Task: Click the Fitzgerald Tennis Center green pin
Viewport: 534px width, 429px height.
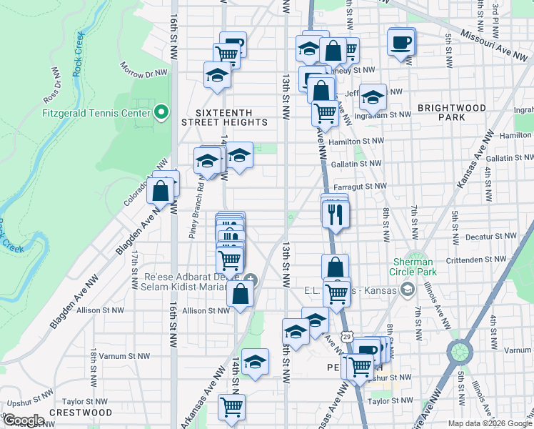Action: click(161, 112)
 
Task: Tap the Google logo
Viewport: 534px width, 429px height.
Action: click(23, 420)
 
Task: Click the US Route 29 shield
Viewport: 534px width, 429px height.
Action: click(346, 335)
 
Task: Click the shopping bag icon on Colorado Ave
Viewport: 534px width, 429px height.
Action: click(161, 191)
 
